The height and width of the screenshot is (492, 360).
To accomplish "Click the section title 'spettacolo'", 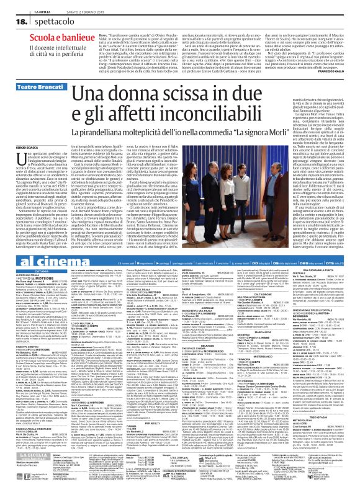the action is (40, 22).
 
